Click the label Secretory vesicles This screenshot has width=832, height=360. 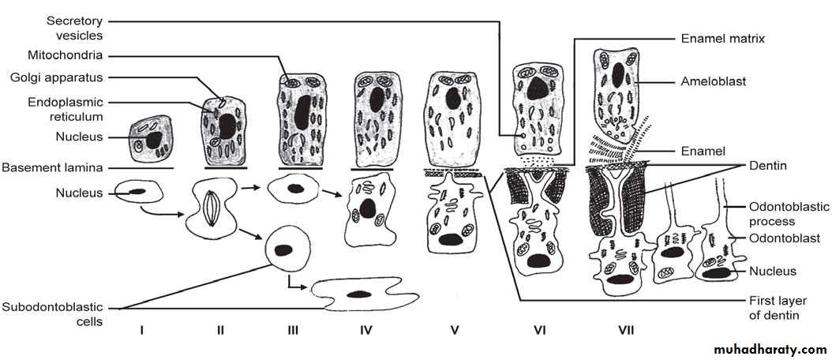point(74,28)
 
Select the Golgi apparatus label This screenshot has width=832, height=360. point(58,78)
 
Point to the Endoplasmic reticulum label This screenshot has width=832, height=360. point(66,108)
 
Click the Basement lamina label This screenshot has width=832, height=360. point(52,168)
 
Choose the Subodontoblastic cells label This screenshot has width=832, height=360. point(52,314)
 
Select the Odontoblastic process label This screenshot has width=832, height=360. point(771,213)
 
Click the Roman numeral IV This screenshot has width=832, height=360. point(365,330)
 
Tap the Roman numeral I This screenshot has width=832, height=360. point(141,330)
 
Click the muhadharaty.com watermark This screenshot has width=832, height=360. point(770,350)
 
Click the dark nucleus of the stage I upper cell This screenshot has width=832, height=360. point(154,141)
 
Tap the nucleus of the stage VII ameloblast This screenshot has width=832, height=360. point(618,75)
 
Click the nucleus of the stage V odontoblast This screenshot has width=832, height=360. point(451,239)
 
